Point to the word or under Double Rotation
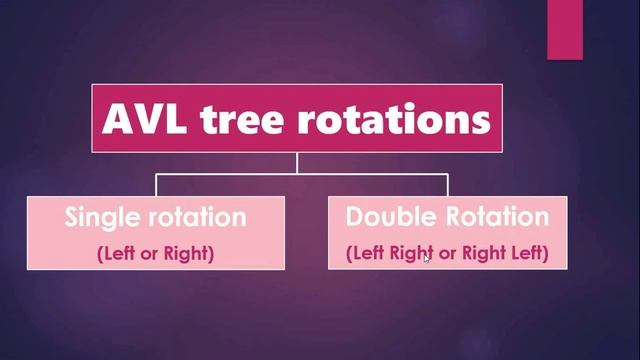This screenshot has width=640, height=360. click(x=447, y=254)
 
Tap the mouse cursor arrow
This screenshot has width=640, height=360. click(x=427, y=258)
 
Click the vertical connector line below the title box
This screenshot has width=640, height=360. click(x=297, y=163)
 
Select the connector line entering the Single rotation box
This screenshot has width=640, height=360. click(x=156, y=185)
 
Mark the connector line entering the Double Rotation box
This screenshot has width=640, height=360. click(x=447, y=185)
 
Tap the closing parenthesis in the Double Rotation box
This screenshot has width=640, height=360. click(x=546, y=254)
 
